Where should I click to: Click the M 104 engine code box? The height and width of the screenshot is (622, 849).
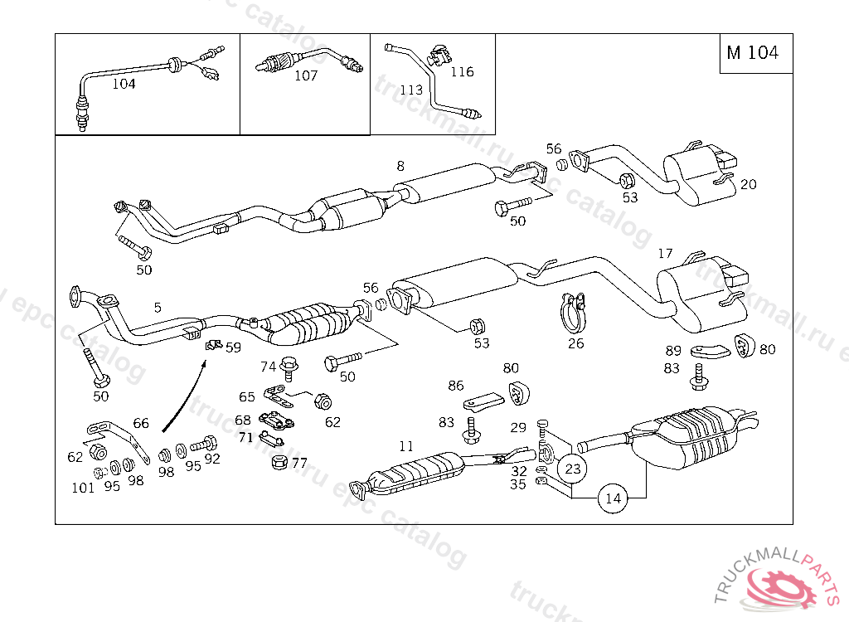coord(752,53)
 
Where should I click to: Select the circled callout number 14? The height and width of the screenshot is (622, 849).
coord(613,498)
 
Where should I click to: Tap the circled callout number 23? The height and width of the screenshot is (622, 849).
coord(572,469)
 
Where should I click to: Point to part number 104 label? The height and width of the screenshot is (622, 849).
coord(124,84)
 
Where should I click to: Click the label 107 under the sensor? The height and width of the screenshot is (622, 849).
coord(306,75)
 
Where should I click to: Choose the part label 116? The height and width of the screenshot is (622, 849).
coord(462,72)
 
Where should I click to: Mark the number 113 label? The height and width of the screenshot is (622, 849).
coord(411,90)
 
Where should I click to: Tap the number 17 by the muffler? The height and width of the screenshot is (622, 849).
coord(665,253)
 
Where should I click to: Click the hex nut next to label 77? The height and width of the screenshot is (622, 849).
coord(279,462)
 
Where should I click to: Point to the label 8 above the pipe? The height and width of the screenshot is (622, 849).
coord(400,166)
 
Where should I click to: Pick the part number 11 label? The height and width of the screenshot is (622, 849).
coord(406,446)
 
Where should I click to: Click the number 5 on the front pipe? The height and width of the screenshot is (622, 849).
coord(158,307)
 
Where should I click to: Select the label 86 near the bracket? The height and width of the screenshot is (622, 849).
coord(456,386)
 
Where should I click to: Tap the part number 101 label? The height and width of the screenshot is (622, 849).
coord(83,488)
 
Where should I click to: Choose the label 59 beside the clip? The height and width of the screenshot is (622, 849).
coord(233,348)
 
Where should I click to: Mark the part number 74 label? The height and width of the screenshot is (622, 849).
coord(268,367)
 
